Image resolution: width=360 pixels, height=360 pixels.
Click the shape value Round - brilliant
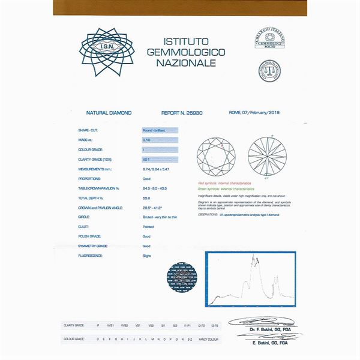tap(159, 130)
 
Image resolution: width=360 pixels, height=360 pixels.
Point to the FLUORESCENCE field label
tap(91, 256)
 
